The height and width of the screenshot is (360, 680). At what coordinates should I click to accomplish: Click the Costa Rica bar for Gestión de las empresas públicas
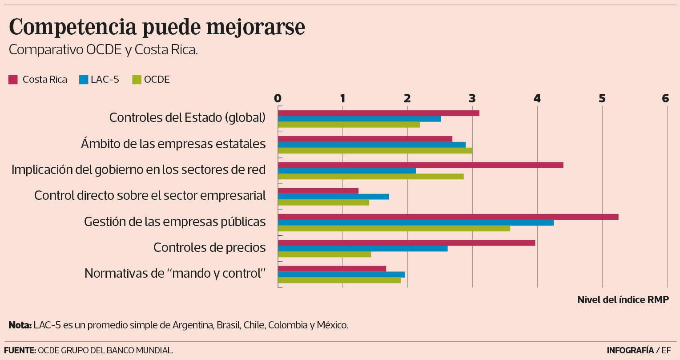[448, 217]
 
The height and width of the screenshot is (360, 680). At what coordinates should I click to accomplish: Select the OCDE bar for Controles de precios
[325, 254]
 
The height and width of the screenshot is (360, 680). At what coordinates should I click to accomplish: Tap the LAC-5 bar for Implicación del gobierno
[347, 170]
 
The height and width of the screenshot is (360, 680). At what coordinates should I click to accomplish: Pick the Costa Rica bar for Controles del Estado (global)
[378, 113]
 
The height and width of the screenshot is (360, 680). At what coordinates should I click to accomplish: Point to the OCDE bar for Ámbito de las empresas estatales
[375, 150]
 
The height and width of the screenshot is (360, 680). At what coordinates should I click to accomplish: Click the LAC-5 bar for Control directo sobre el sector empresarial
[334, 197]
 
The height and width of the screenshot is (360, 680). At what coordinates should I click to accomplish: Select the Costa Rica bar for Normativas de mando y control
[332, 268]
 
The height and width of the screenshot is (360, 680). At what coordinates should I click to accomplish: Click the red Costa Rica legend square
[13, 80]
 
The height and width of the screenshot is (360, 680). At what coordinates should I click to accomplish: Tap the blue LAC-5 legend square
[83, 80]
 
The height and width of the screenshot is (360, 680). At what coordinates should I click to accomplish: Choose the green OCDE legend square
[137, 80]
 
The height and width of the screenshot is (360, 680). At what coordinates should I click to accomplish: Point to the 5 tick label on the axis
[602, 98]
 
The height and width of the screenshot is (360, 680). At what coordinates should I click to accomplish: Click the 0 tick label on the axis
[278, 98]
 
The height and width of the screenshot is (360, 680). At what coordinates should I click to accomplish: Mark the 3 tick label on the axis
[472, 98]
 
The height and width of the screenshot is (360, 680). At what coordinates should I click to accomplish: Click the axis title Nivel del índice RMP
[623, 299]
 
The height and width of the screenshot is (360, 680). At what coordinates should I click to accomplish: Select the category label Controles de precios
[209, 247]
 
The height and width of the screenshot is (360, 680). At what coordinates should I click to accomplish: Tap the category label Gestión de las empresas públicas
[175, 222]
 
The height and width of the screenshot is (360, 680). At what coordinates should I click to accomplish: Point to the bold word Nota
[20, 325]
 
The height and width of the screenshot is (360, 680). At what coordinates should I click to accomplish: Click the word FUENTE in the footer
[20, 350]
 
